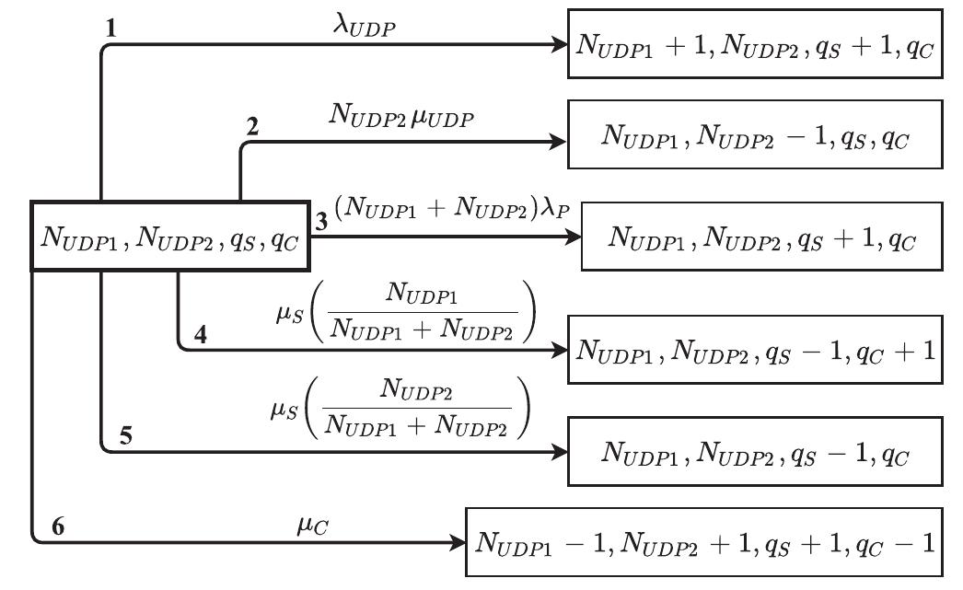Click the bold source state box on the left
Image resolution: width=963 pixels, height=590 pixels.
point(169,237)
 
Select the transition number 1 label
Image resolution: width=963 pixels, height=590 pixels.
point(111,29)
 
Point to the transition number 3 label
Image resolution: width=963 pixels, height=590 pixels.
point(321,223)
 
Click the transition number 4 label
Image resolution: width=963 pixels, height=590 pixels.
point(199,337)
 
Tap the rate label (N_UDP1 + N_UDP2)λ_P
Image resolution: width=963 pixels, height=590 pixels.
point(452,210)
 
